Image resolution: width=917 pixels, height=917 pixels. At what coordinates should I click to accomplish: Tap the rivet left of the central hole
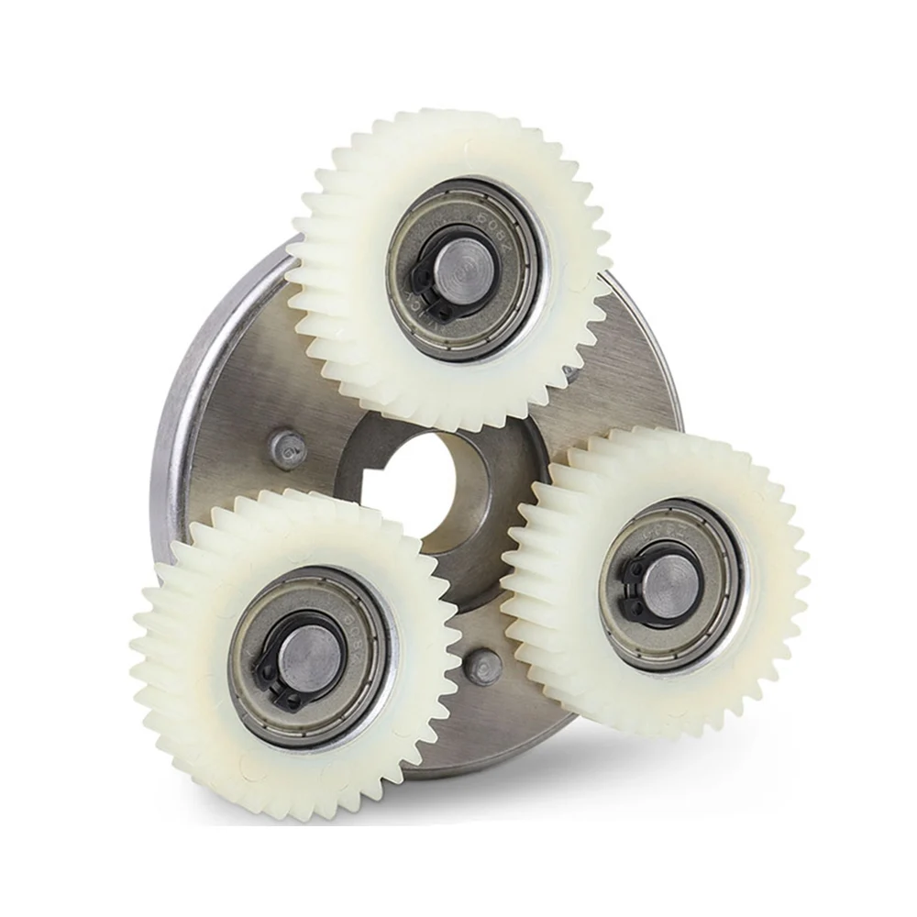[288, 448]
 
